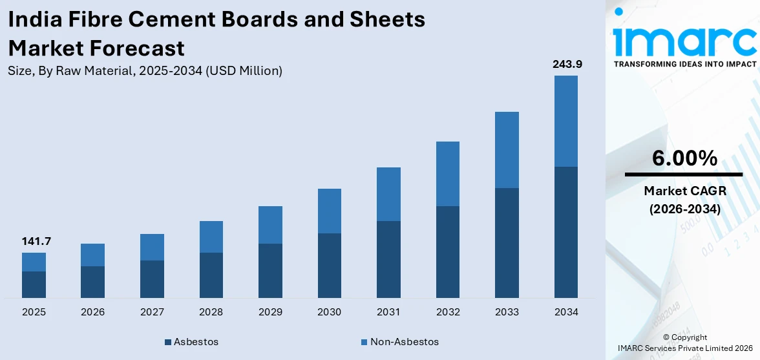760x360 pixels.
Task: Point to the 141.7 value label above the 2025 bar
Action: click(36, 242)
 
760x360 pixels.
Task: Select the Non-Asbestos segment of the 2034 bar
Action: click(565, 121)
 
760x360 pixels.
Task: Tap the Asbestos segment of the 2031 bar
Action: click(388, 259)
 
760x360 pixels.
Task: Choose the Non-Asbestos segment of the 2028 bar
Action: click(211, 237)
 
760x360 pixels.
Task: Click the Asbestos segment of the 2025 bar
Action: click(34, 284)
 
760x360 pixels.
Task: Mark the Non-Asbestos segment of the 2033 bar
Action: click(507, 150)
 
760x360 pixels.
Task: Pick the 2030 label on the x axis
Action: click(329, 312)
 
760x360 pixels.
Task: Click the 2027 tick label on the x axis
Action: click(152, 312)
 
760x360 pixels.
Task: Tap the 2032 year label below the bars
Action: click(447, 312)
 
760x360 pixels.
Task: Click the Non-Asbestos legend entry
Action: click(400, 341)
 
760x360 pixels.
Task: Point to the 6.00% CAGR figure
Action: click(684, 158)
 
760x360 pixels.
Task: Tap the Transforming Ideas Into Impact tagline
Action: click(684, 64)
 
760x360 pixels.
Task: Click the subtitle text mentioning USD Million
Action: click(145, 71)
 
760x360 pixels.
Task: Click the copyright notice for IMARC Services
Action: click(685, 343)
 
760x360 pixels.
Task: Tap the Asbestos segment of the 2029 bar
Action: click(270, 271)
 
